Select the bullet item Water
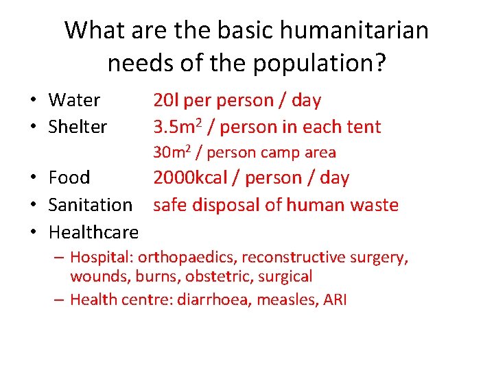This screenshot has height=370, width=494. click(x=74, y=101)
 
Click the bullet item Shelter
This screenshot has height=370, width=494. click(x=78, y=127)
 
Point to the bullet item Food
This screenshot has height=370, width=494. click(x=69, y=178)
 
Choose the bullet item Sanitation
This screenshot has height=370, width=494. click(x=91, y=205)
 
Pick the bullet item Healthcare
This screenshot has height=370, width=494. click(x=93, y=232)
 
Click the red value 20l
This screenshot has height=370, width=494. click(x=165, y=101)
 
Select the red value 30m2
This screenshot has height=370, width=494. click(x=170, y=152)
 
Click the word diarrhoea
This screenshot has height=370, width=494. click(x=213, y=299)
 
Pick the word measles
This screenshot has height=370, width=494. click(x=284, y=299)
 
